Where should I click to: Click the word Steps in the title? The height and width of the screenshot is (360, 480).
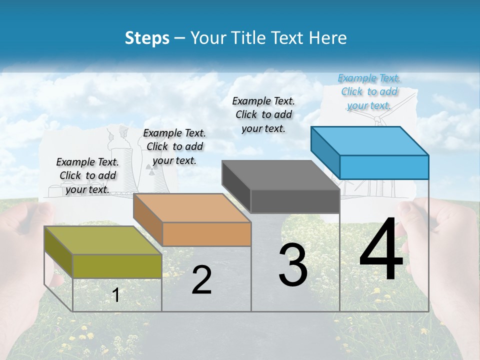(147, 38)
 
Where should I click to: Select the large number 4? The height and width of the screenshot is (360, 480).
(381, 250)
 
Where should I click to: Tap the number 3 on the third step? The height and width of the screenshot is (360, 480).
(293, 265)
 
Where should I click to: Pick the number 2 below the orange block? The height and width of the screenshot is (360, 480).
(201, 280)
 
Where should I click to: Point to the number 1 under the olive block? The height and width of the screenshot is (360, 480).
(116, 295)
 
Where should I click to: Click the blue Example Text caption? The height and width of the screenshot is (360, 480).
(369, 91)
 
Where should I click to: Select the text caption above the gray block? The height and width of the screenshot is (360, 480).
(264, 114)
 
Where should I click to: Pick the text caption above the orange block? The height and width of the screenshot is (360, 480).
(174, 146)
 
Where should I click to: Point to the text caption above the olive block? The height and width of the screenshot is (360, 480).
(87, 175)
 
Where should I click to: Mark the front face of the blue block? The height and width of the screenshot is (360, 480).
(384, 167)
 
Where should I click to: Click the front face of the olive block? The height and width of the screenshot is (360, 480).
(117, 266)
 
